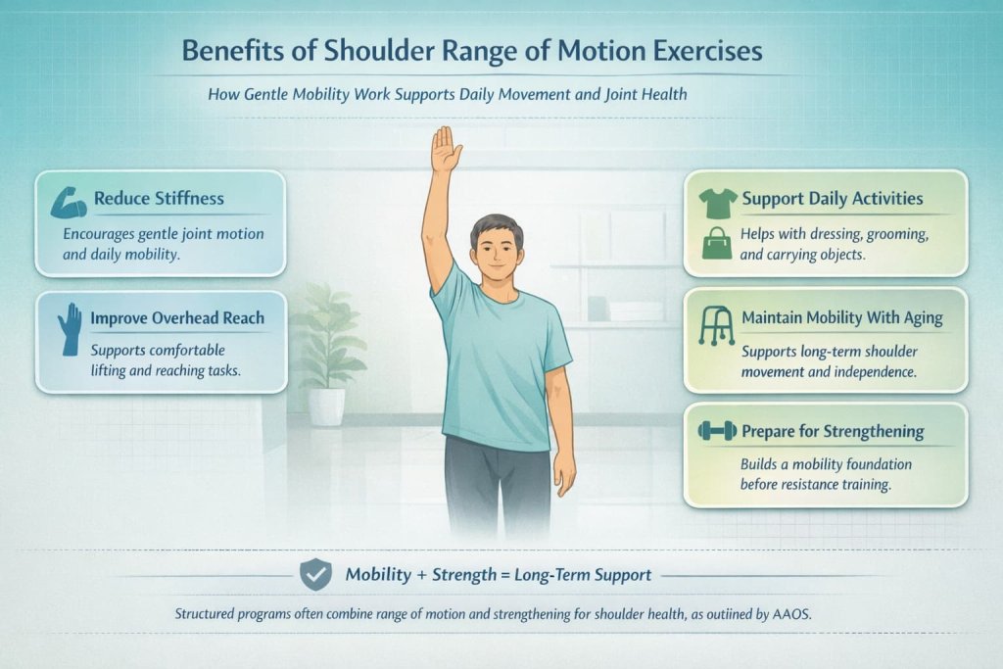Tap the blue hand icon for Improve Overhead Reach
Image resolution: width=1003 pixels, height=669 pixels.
[x=70, y=329]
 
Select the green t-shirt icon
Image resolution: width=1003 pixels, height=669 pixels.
[x=717, y=202]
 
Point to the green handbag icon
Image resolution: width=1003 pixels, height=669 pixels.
[x=717, y=242]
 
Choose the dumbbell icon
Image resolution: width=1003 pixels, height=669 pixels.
[x=717, y=431]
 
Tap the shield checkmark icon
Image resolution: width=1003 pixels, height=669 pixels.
[x=314, y=575]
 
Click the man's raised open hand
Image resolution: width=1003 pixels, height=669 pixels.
[x=446, y=150]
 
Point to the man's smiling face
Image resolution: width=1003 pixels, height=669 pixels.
[x=496, y=250]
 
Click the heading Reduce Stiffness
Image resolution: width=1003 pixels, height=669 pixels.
[x=159, y=199]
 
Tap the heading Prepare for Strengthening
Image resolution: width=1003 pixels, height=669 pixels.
[x=833, y=431]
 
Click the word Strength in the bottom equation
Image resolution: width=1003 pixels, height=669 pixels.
[x=465, y=575]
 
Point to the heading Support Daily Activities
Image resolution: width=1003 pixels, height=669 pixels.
[x=832, y=199]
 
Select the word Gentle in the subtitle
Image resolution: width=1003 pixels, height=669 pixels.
[x=272, y=97]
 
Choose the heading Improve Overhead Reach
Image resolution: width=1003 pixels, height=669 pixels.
[x=176, y=318]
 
